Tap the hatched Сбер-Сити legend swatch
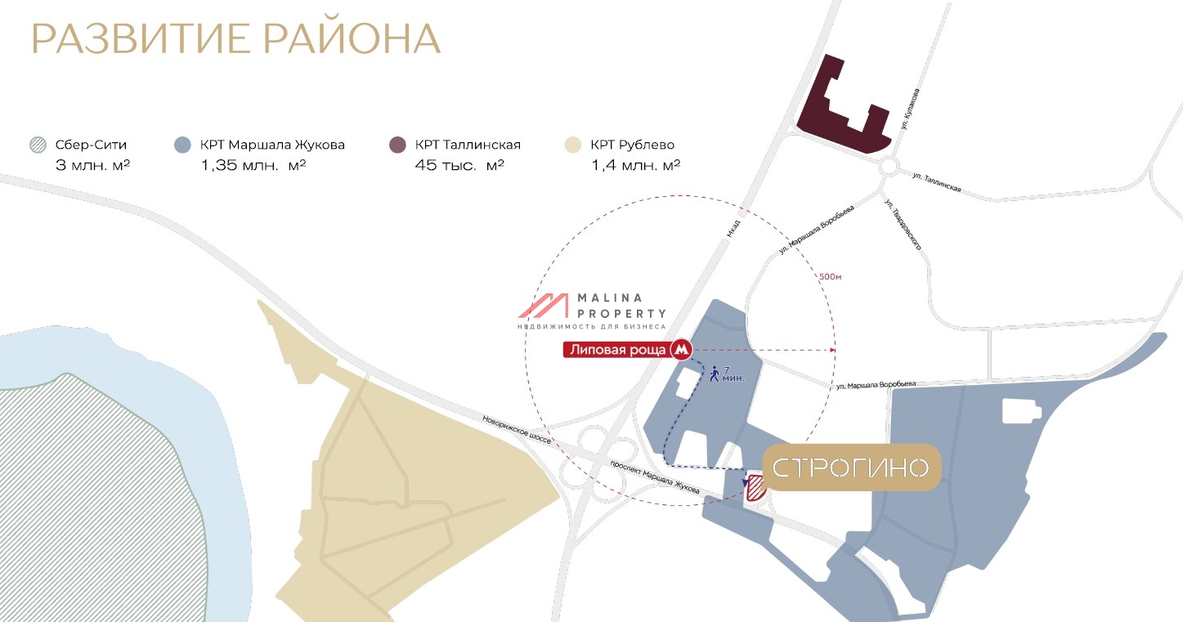(37, 145)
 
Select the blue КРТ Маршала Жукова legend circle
(183, 145)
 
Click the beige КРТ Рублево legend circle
(574, 145)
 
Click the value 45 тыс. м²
(459, 165)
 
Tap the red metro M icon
(681, 350)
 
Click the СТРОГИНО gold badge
(851, 468)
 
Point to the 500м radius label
(830, 277)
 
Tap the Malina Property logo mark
(544, 306)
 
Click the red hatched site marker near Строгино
(755, 487)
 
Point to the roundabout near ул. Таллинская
(889, 169)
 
